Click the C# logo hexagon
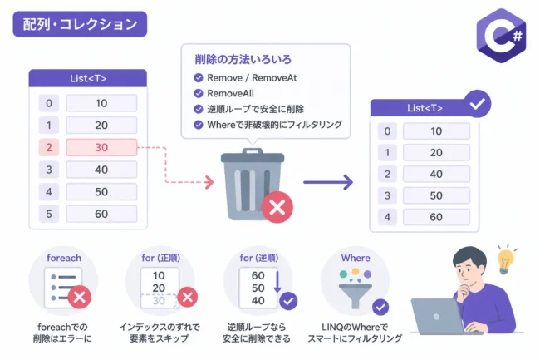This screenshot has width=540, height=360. pos(501,36)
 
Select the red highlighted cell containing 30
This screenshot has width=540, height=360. pos(101,147)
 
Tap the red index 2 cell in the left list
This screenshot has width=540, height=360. pos(49,147)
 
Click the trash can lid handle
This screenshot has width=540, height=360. pos(253,151)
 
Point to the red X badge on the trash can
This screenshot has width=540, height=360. pos(277,207)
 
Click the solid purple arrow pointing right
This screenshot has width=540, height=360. pos(328,182)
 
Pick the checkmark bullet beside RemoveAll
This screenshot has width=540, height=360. pos(199,93)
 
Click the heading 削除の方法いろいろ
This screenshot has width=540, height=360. pos(243,59)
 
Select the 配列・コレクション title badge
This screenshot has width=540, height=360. pos(80,24)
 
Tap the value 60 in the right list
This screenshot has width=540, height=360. pos(436,217)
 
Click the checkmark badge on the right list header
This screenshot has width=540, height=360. pos(478,104)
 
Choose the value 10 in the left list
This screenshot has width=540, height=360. pos(101,103)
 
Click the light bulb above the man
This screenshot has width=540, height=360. pos(505,259)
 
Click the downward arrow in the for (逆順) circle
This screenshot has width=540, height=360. pos(277,282)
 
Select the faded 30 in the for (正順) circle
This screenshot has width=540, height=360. pos(159,301)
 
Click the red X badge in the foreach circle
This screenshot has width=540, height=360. pos(80,297)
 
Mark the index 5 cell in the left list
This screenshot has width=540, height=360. pos(49,214)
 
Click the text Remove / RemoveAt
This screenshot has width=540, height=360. pos(252,78)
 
